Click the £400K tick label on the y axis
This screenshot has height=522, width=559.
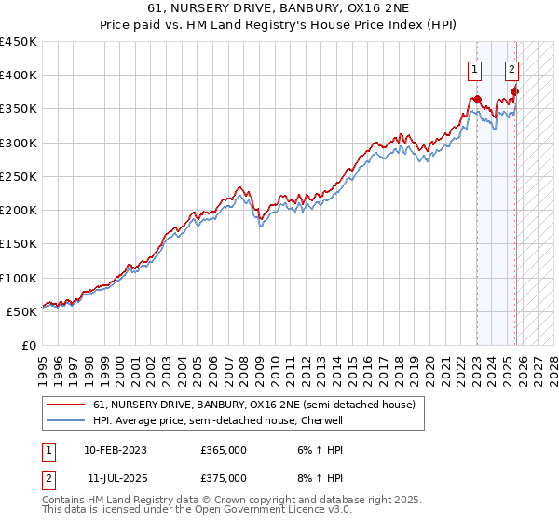pyautogui.click(x=19, y=76)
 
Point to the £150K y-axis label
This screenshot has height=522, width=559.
pyautogui.click(x=19, y=244)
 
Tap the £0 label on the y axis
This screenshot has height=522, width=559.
pyautogui.click(x=28, y=346)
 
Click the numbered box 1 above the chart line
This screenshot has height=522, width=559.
pyautogui.click(x=475, y=68)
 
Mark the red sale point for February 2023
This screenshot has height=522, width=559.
pyautogui.click(x=477, y=99)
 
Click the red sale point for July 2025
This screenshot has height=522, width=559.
pyautogui.click(x=515, y=91)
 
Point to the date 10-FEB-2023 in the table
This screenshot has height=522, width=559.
pyautogui.click(x=116, y=450)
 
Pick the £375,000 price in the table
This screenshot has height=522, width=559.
pyautogui.click(x=224, y=478)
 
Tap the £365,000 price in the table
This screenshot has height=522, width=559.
pyautogui.click(x=224, y=450)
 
